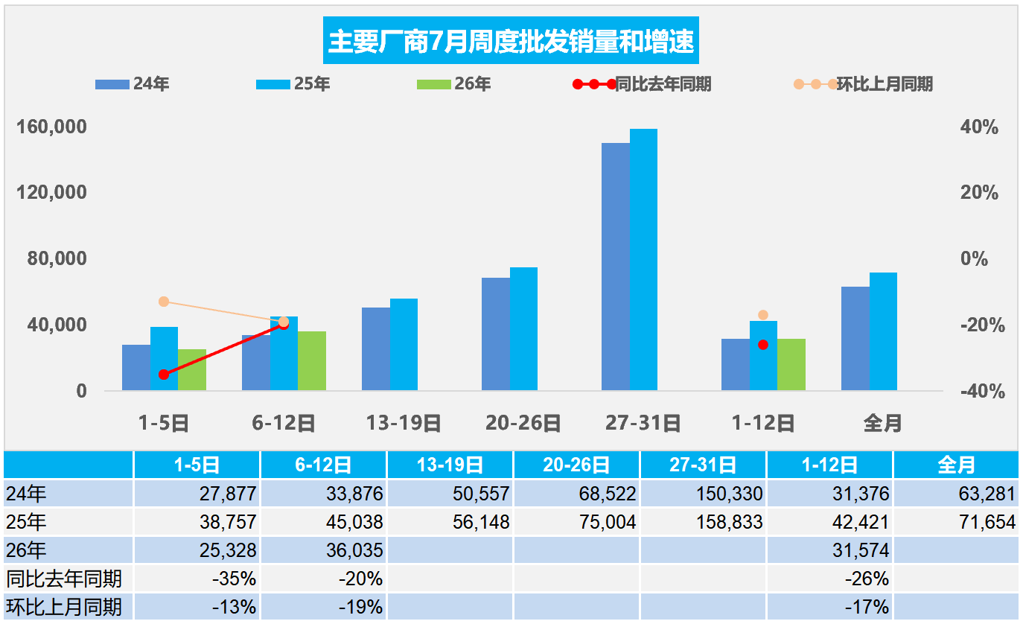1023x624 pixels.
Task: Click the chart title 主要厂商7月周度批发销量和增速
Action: pyautogui.click(x=511, y=41)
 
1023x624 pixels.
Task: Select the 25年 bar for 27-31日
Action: pyautogui.click(x=643, y=259)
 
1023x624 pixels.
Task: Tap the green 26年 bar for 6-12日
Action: pyautogui.click(x=312, y=361)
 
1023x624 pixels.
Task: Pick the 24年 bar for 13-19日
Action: pyautogui.click(x=376, y=349)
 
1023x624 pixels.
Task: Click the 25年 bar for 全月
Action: pyautogui.click(x=883, y=331)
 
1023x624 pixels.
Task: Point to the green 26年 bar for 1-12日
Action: pyautogui.click(x=791, y=365)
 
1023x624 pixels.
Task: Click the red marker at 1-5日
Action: pyautogui.click(x=164, y=375)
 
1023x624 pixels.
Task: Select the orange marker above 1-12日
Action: pyautogui.click(x=762, y=315)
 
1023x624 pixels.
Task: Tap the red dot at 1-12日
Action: pyautogui.click(x=762, y=345)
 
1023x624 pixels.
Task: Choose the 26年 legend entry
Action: pyautogui.click(x=454, y=84)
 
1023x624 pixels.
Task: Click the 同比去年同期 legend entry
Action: pyautogui.click(x=642, y=84)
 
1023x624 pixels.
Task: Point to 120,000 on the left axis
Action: pyautogui.click(x=51, y=192)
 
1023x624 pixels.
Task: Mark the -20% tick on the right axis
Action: pyautogui.click(x=982, y=325)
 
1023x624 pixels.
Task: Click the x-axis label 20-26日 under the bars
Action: pyautogui.click(x=523, y=423)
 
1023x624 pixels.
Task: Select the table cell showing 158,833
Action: pyautogui.click(x=730, y=522)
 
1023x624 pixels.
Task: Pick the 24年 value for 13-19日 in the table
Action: pyautogui.click(x=481, y=494)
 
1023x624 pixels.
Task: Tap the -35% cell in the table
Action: pyautogui.click(x=234, y=579)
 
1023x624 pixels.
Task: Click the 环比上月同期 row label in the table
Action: pyautogui.click(x=64, y=607)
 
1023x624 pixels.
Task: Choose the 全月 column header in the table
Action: pyautogui.click(x=956, y=465)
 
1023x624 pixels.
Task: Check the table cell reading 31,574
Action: pyautogui.click(x=861, y=550)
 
